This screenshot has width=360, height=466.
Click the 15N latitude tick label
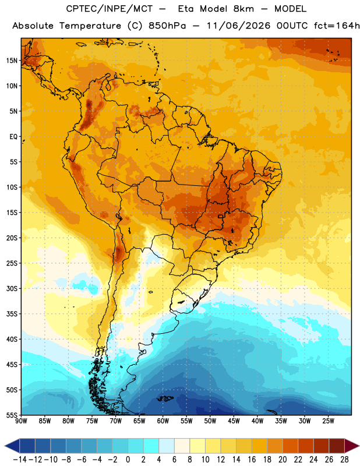pos(12,61)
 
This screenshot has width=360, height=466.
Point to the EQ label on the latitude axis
pos(13,137)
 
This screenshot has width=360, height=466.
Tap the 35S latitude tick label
pos(12,314)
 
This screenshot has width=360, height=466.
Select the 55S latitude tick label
pos(12,415)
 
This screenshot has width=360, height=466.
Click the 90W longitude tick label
pos(21,421)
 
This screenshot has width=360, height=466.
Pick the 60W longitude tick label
pos(163,421)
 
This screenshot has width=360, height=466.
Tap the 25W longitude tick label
pos(328,421)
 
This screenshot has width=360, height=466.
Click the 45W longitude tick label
pos(234,421)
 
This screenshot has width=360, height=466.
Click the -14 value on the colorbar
pos(20,460)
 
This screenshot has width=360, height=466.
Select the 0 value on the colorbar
pos(128,460)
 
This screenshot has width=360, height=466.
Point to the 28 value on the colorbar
pos(344,460)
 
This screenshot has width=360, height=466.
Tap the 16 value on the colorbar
pos(252,460)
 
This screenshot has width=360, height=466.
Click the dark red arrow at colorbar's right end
pos(352,446)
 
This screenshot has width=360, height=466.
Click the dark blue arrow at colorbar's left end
pos(12,446)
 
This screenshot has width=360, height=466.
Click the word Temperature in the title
pos(90,26)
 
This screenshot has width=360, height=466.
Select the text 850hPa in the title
pos(167,26)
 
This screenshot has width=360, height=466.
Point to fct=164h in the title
pos(337,26)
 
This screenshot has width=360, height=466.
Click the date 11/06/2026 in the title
pos(238,26)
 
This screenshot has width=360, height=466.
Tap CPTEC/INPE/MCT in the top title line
pos(110,9)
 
